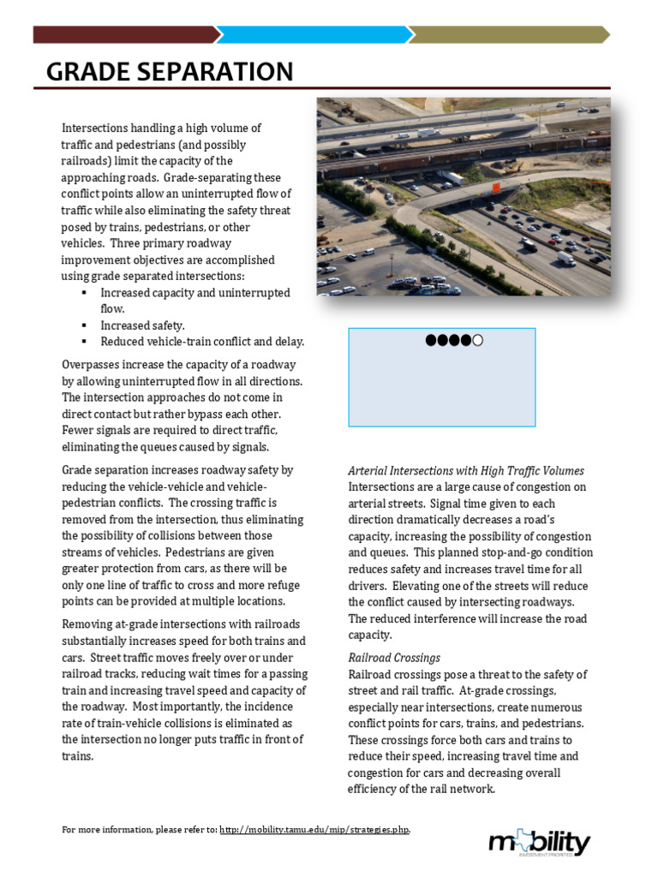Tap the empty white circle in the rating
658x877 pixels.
pos(478,341)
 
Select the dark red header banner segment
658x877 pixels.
pos(124,34)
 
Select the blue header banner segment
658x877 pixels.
pos(317,34)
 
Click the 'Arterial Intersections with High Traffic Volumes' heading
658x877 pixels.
pos(466,471)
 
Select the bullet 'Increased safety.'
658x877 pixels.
pos(142,325)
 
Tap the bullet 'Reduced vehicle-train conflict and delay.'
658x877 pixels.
pos(202,342)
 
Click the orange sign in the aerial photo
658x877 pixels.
pos(494,187)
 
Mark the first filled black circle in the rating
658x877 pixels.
pos(431,341)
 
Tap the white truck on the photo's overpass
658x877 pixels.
pos(452,177)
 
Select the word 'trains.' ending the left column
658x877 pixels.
pos(78,756)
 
